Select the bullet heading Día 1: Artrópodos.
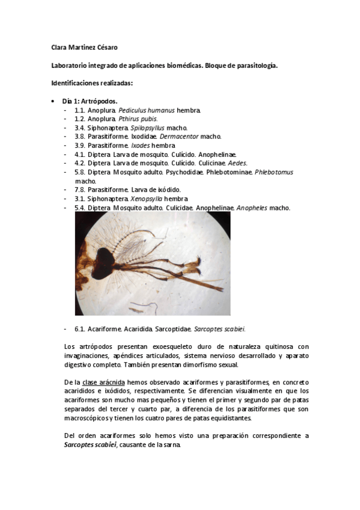tap(90, 101)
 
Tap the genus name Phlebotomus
tap(274, 172)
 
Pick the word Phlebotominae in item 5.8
tap(231, 172)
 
